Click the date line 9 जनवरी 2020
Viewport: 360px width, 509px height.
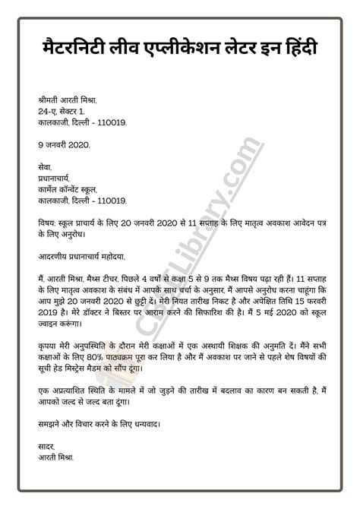[x=64, y=144]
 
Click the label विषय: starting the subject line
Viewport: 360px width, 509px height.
[x=49, y=225]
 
